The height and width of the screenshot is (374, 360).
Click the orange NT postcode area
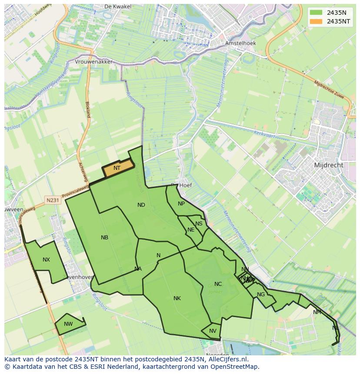(x=117, y=169)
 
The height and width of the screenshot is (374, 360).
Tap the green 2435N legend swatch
(x=316, y=13)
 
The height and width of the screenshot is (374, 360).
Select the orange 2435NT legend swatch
(x=316, y=21)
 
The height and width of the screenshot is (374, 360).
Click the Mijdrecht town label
(x=328, y=165)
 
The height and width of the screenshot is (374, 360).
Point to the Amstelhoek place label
(x=240, y=43)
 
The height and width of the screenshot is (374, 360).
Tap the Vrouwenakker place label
(x=93, y=62)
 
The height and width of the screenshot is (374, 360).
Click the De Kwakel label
(x=115, y=7)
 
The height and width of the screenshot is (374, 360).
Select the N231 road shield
(x=53, y=200)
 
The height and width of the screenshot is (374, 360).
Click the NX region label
(x=46, y=260)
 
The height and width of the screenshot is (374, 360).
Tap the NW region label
(x=68, y=324)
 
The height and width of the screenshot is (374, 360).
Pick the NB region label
(x=104, y=238)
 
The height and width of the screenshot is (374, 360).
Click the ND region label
(x=141, y=205)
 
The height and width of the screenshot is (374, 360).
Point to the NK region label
(x=177, y=298)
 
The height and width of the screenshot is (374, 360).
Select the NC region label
(x=218, y=284)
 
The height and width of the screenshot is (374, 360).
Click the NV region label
(x=213, y=331)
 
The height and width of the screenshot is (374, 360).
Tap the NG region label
(x=261, y=295)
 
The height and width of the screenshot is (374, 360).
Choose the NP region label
(x=181, y=204)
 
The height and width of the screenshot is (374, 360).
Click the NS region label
(x=199, y=224)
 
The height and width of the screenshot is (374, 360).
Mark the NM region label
(x=317, y=312)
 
